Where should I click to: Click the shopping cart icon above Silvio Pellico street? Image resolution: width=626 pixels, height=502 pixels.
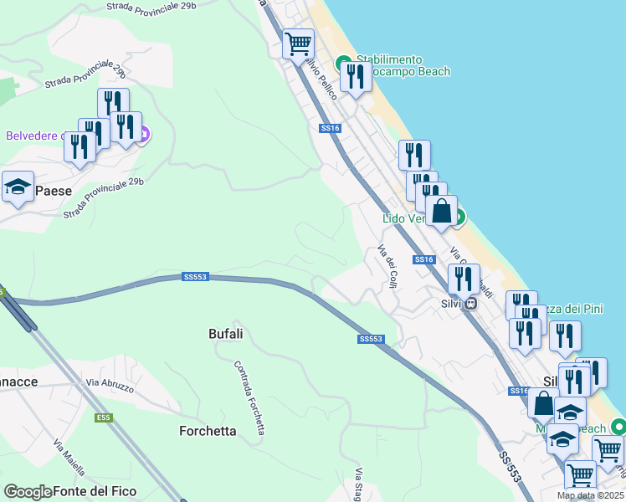point(298,43)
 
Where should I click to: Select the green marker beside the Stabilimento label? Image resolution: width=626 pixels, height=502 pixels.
point(343,64)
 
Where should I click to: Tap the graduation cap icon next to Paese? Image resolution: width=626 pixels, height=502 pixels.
point(17,188)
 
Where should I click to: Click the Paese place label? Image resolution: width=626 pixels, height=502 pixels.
point(54,191)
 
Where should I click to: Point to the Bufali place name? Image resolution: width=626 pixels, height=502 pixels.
point(225,334)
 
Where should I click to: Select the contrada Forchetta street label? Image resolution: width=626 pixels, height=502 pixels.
point(249,397)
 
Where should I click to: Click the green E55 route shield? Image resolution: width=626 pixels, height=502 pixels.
point(103,416)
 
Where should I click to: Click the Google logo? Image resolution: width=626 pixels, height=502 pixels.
point(28,492)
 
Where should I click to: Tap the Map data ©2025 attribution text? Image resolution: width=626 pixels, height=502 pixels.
point(590,496)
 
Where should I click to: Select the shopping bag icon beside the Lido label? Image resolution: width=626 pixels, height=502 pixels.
point(441,211)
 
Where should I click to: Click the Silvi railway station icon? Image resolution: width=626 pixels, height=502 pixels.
point(471,304)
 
